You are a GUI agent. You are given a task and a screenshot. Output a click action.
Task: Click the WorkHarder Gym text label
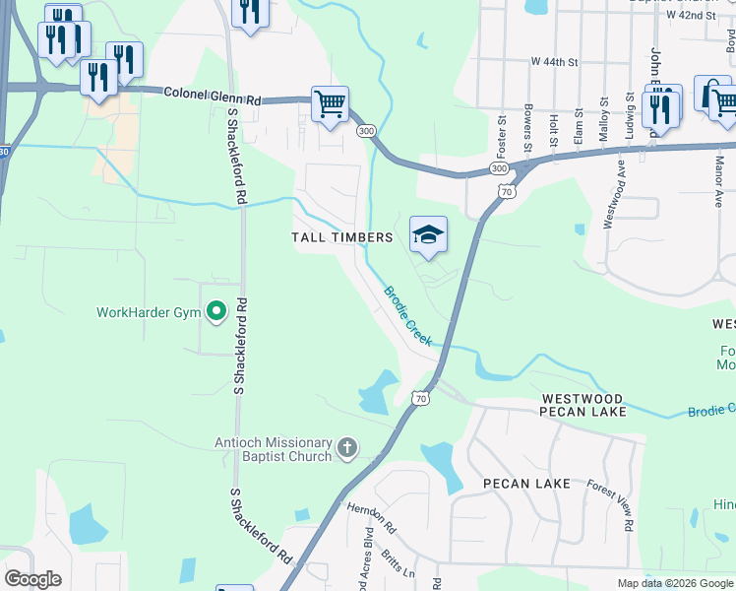149,313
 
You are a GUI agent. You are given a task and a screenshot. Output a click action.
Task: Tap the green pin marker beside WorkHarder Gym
217,313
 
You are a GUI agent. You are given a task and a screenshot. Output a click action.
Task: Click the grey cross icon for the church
346,449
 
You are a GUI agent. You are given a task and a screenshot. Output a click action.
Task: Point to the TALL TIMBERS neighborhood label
342,237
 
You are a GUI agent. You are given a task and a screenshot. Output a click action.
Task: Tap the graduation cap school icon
428,234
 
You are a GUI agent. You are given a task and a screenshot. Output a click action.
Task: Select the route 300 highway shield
366,131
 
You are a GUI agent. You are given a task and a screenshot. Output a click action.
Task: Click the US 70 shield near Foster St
505,189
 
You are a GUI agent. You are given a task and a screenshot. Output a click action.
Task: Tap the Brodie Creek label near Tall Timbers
408,315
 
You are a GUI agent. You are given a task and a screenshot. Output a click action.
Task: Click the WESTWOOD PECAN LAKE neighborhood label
583,405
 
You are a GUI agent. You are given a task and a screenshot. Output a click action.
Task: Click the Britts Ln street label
399,563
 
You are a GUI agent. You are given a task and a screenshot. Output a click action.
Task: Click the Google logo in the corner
32,579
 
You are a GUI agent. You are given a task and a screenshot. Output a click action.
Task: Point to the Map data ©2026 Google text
675,583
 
